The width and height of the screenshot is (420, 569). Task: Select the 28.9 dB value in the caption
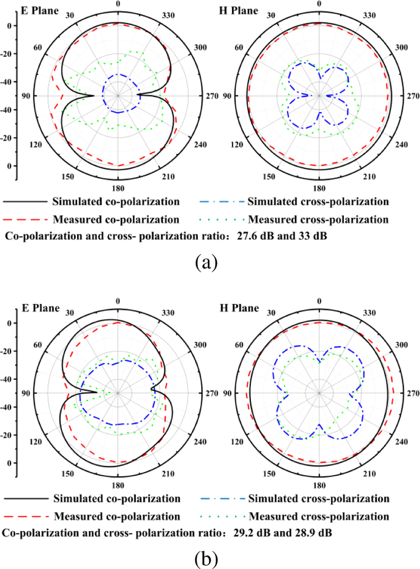pos(310,533)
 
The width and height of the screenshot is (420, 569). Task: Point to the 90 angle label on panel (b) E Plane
pos(24,393)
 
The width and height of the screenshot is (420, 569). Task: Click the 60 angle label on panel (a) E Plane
pos(37,48)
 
